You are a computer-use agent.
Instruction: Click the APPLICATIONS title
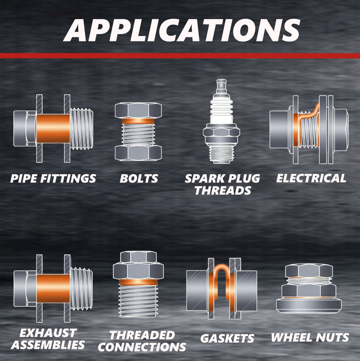(182, 30)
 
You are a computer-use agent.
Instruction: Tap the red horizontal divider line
(180, 56)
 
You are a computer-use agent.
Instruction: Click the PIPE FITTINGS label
(53, 179)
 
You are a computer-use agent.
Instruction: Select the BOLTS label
(139, 179)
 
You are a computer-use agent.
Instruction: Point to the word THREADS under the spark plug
(223, 190)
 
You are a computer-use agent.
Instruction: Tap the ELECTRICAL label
(311, 178)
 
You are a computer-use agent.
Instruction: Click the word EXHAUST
(48, 333)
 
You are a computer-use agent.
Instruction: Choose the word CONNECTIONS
(142, 347)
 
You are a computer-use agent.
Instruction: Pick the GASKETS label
(227, 338)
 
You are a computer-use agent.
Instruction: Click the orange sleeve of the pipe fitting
(53, 129)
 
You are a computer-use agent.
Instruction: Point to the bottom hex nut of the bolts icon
(138, 153)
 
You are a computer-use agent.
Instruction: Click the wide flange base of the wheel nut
(309, 306)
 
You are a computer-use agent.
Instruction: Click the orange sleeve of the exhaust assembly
(53, 289)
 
